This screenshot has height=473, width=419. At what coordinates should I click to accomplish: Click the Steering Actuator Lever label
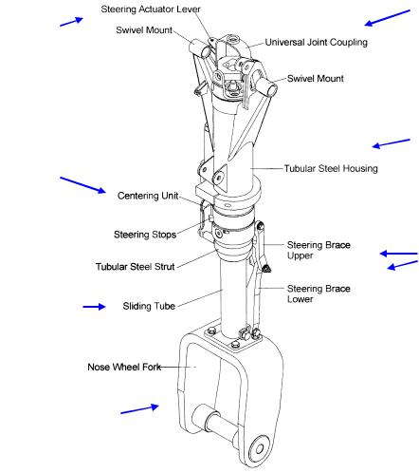click(151, 9)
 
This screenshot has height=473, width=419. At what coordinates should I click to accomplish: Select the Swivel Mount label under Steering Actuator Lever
click(144, 30)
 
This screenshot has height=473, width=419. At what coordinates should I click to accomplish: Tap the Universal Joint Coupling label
click(316, 43)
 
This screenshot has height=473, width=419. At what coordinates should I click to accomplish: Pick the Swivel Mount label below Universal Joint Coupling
click(315, 79)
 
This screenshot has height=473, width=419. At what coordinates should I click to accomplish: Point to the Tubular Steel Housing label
click(331, 168)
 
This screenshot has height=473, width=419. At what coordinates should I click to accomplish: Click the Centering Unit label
click(148, 196)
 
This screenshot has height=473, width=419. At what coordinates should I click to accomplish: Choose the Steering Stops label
click(145, 235)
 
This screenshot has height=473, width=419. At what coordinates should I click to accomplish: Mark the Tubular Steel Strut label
click(135, 267)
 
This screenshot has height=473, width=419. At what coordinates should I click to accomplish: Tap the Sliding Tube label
click(149, 306)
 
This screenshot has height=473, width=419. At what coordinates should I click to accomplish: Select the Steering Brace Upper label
click(319, 250)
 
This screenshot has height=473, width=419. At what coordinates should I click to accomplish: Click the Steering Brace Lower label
click(319, 293)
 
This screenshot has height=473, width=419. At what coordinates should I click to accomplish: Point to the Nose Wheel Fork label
click(124, 367)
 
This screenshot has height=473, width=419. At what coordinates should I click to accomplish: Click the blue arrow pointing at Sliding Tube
click(94, 307)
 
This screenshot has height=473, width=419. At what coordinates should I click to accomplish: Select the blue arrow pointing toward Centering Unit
click(83, 185)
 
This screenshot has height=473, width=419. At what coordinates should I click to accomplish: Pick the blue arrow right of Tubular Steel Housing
click(391, 143)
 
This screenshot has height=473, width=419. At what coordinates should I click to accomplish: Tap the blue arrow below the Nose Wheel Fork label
click(140, 408)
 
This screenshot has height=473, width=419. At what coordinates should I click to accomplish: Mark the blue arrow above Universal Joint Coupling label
click(387, 18)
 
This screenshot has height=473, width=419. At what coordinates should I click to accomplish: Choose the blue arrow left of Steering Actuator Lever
click(71, 22)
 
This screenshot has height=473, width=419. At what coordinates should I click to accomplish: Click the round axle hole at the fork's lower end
click(260, 449)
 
